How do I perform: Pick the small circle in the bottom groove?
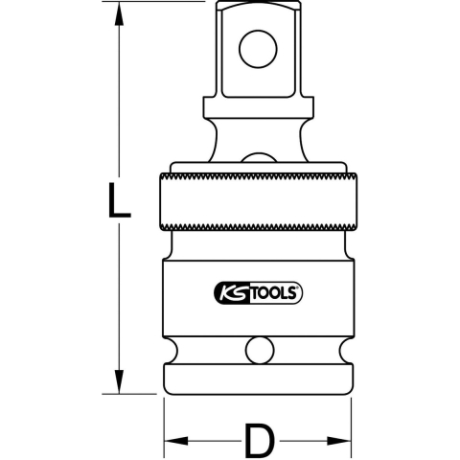coord(258,350)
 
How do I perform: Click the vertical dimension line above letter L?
coord(119,96)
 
